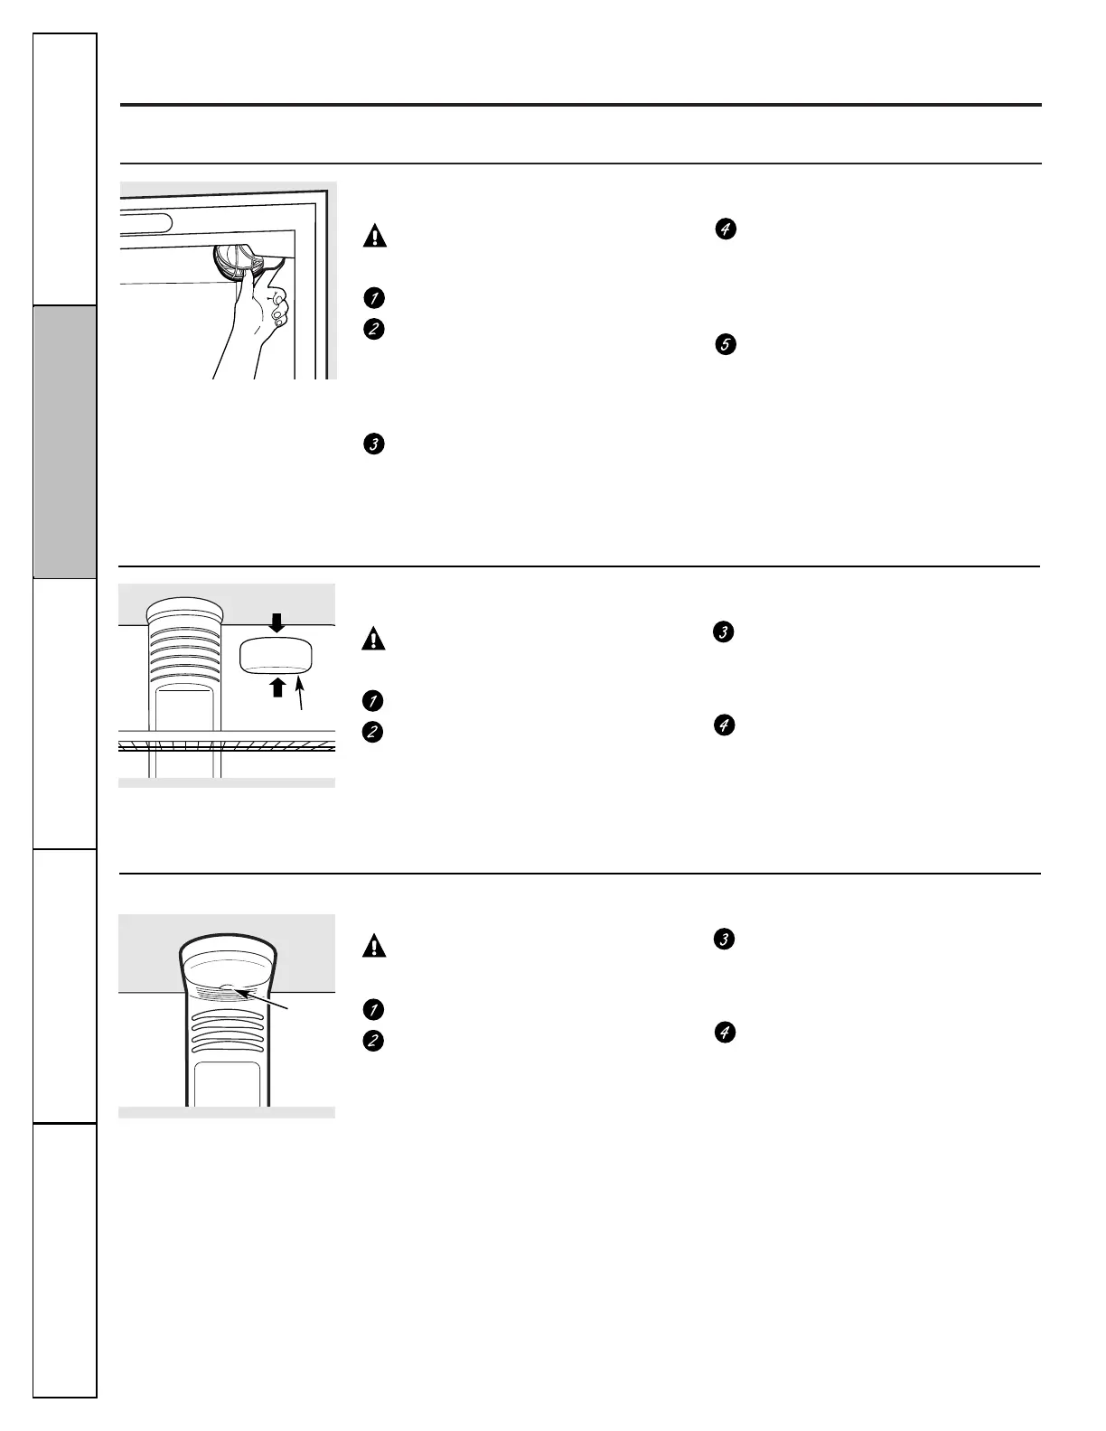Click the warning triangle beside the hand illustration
[375, 236]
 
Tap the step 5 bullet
[726, 344]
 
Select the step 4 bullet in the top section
[726, 229]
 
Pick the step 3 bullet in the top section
[374, 444]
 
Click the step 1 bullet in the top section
[374, 297]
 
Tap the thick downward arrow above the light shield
[277, 623]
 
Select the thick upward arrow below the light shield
[277, 687]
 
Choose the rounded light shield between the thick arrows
[276, 655]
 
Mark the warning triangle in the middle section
[373, 639]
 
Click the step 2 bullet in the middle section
[373, 733]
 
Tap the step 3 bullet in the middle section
[723, 632]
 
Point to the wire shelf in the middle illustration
[227, 745]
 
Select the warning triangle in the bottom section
[374, 946]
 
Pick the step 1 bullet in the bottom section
[373, 1009]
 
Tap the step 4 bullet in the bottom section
[725, 1032]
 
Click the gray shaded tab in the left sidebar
[65, 442]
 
